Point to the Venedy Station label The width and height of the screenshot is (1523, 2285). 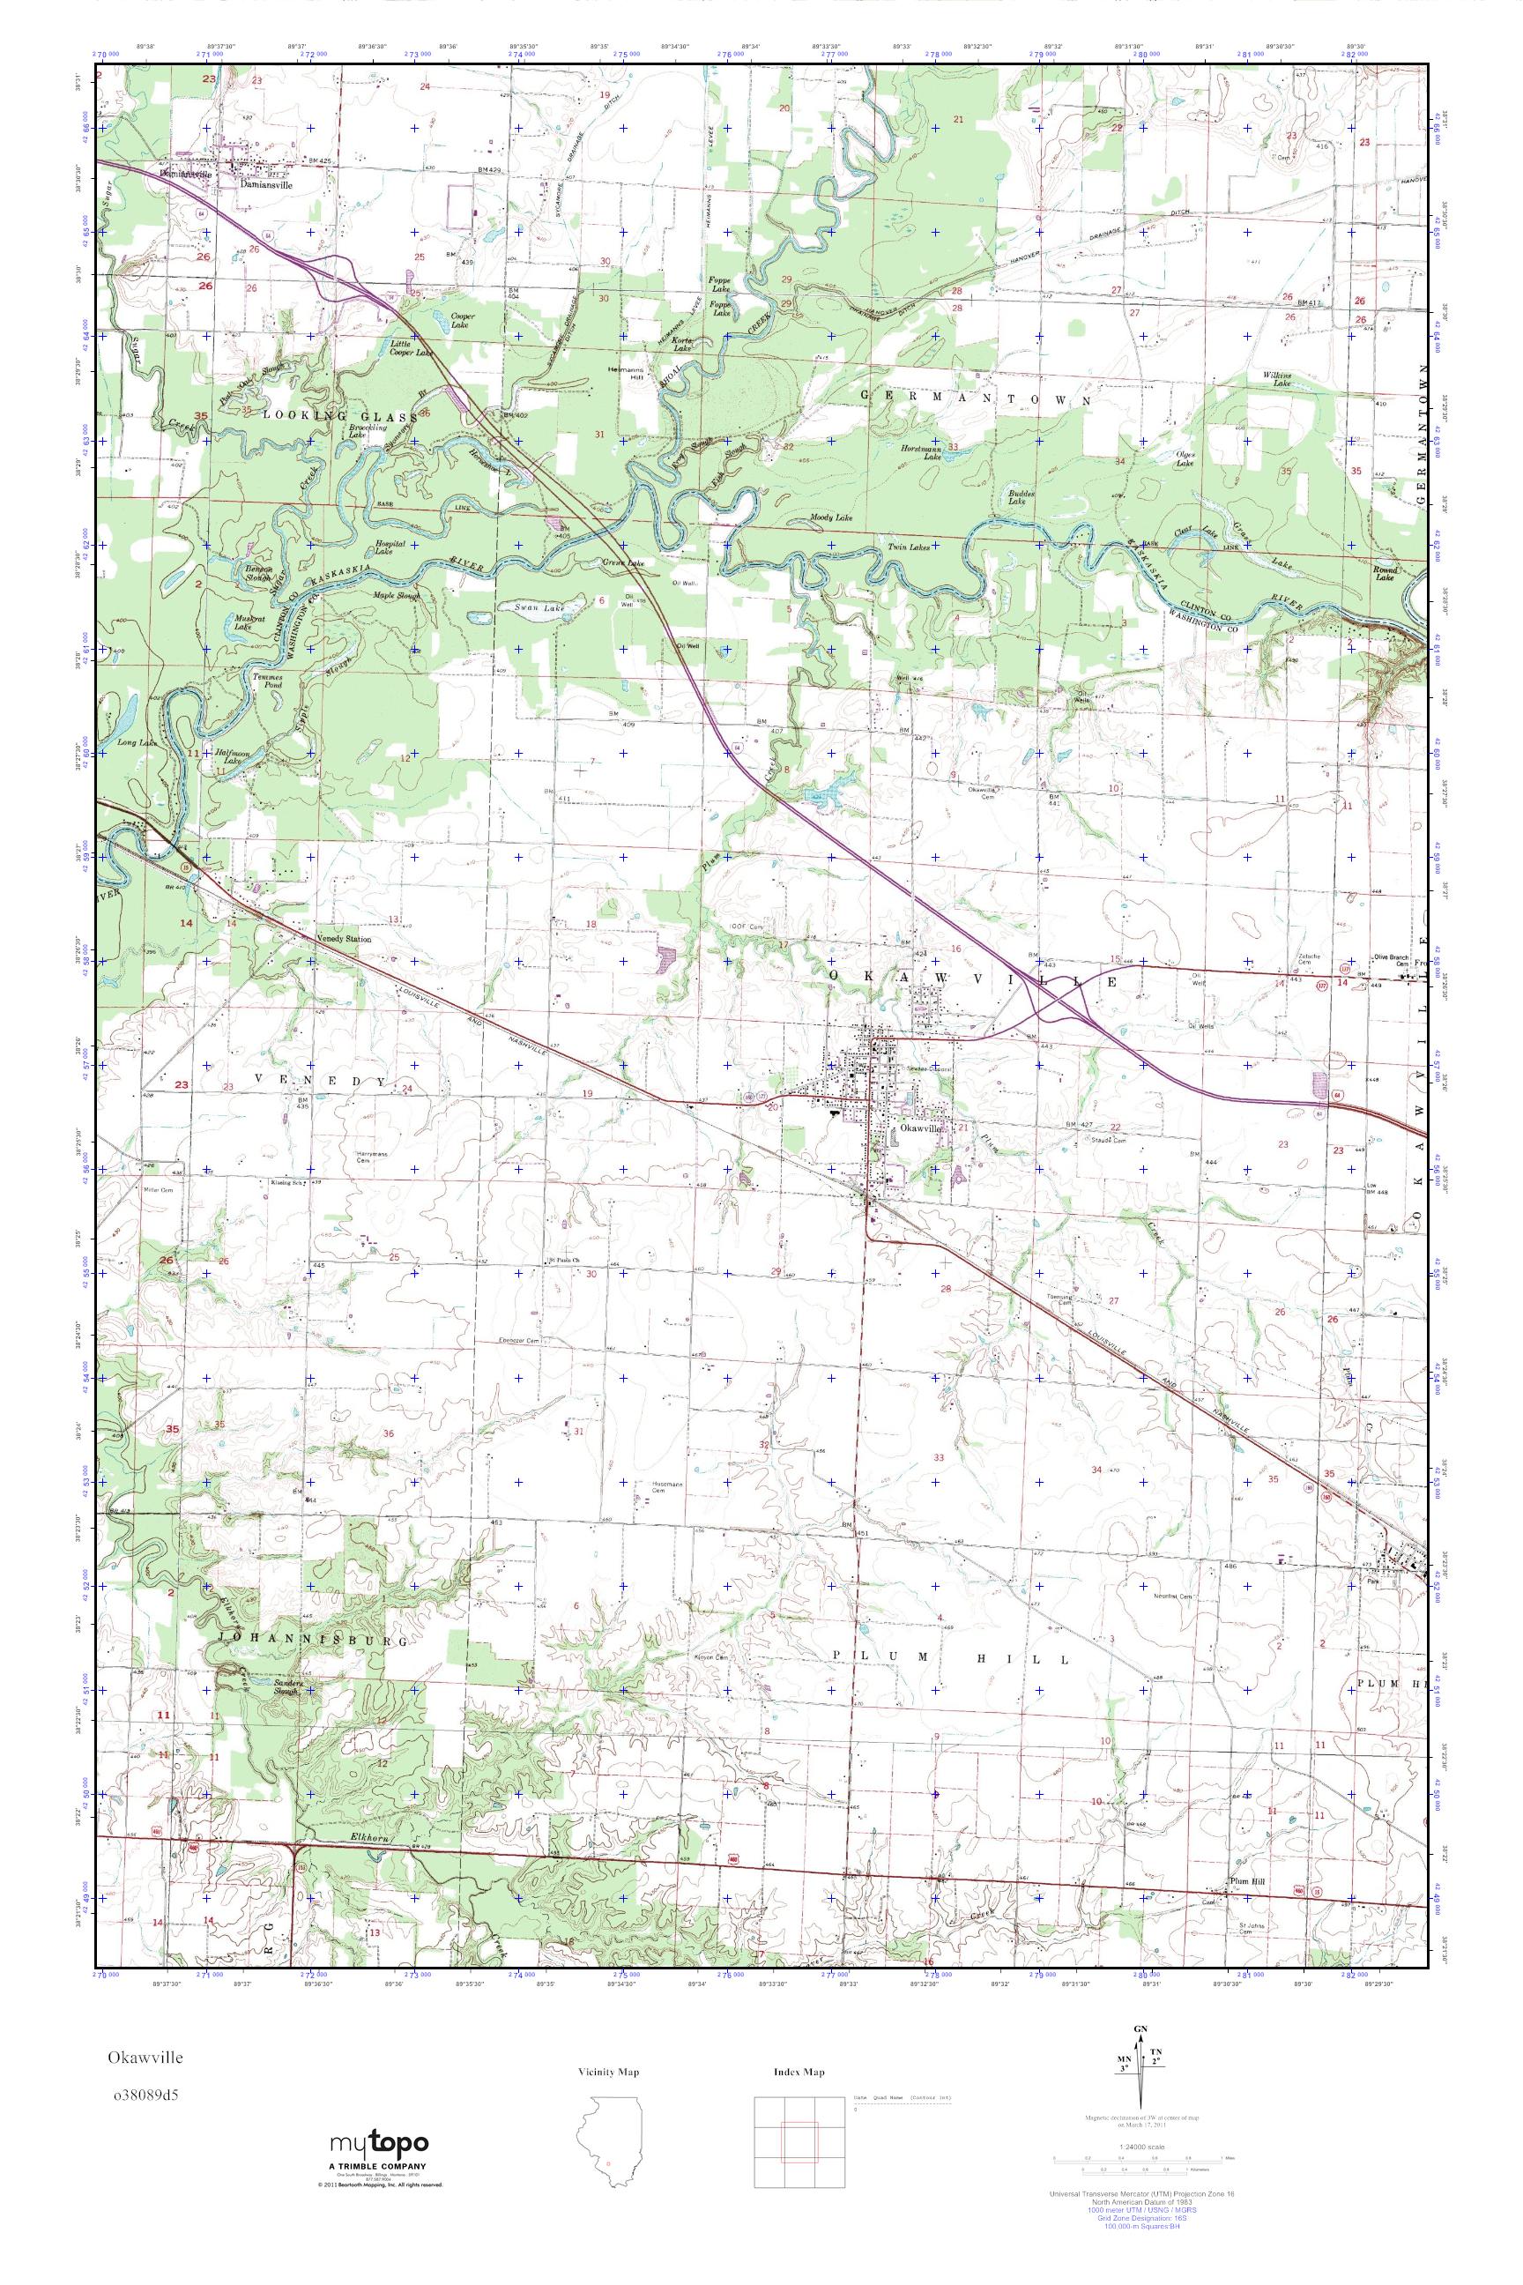tap(344, 941)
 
